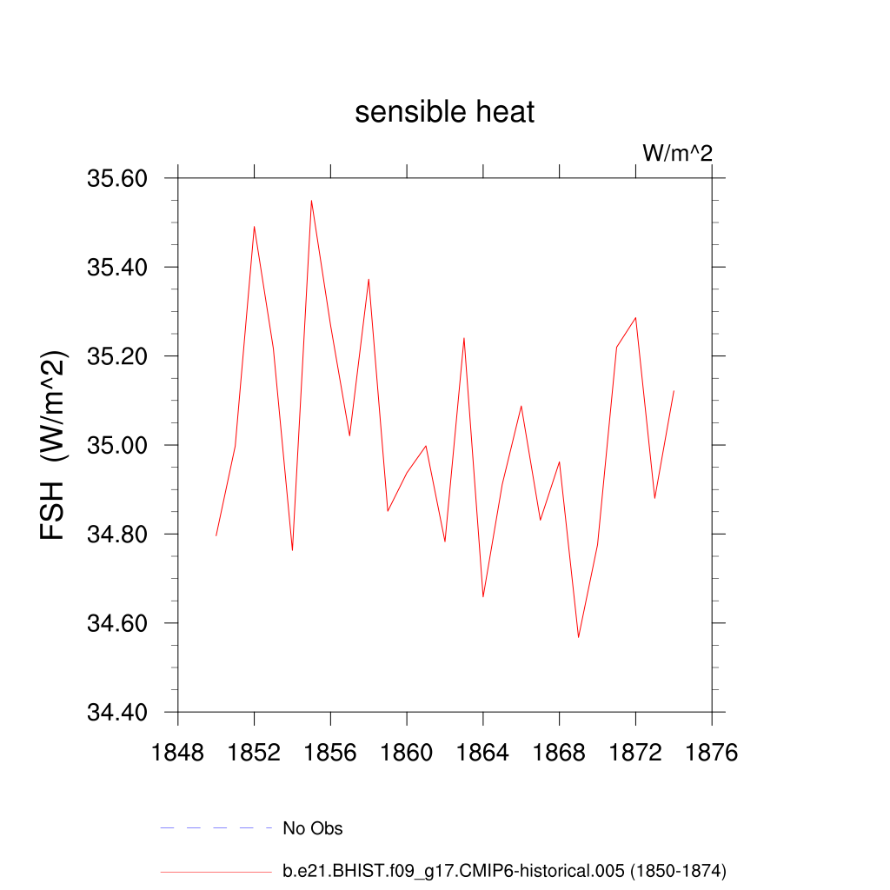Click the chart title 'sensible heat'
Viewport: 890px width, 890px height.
point(444,112)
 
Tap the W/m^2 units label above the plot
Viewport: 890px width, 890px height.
point(677,153)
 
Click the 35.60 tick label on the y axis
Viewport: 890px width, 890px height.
point(117,178)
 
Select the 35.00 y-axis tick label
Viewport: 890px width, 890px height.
point(117,445)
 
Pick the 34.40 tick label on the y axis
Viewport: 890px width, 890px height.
point(117,713)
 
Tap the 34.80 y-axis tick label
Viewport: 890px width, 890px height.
point(117,535)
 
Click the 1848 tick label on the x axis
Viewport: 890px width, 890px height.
point(177,752)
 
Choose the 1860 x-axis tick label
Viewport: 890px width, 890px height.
point(407,752)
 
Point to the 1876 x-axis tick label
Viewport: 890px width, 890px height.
point(712,752)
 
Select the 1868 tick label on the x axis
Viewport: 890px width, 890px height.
point(559,752)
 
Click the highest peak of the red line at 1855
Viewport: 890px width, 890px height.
point(311,201)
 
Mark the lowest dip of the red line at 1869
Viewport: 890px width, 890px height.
point(578,637)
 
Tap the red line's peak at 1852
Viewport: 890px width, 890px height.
point(254,226)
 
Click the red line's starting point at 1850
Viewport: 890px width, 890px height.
point(216,535)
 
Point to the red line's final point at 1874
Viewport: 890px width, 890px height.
point(674,391)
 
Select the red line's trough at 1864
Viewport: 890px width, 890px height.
point(483,596)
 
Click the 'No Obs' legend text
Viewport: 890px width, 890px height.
point(313,828)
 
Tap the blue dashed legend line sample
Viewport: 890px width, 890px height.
point(216,828)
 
